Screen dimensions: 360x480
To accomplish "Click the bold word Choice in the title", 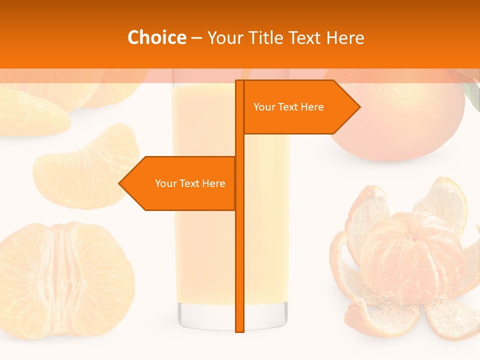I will pos(156,37).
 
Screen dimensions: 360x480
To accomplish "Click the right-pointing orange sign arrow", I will pos(300,107).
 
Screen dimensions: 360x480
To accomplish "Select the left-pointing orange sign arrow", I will pos(180,183).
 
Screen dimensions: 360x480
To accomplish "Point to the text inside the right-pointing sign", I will pos(288,107).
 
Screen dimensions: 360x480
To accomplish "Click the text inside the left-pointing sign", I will pos(190,183).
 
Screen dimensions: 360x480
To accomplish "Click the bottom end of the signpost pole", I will pos(240,330).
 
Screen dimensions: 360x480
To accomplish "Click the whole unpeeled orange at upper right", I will pos(400,120).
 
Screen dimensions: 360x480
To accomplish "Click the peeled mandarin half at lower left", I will pos(65,280).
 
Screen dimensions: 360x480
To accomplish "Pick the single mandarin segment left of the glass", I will pos(85,167).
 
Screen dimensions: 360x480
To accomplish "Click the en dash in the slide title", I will pos(196,38).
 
